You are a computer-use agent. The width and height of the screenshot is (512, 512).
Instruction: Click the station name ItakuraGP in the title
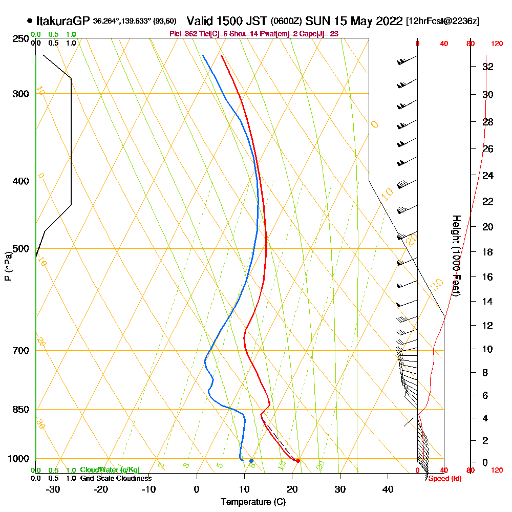point(63,21)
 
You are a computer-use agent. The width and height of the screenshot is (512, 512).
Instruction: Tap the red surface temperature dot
point(298,461)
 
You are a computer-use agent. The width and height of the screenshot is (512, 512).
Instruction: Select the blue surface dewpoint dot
point(251,461)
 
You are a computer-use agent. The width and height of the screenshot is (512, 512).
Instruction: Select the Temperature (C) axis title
point(253,502)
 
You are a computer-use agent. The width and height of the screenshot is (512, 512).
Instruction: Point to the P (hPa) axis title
point(8,266)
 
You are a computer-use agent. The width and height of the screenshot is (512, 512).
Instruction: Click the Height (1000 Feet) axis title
point(456,255)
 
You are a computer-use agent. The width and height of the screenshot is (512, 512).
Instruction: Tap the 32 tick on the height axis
point(488,67)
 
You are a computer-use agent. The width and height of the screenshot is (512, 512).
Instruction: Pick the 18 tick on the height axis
point(488,252)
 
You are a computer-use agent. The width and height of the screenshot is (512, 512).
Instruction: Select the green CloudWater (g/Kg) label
point(110,470)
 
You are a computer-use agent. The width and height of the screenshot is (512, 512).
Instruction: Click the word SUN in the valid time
point(315,21)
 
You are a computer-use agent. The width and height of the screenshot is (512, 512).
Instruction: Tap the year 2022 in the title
point(390,21)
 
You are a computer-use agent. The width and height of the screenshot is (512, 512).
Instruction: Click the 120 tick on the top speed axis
point(497,44)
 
